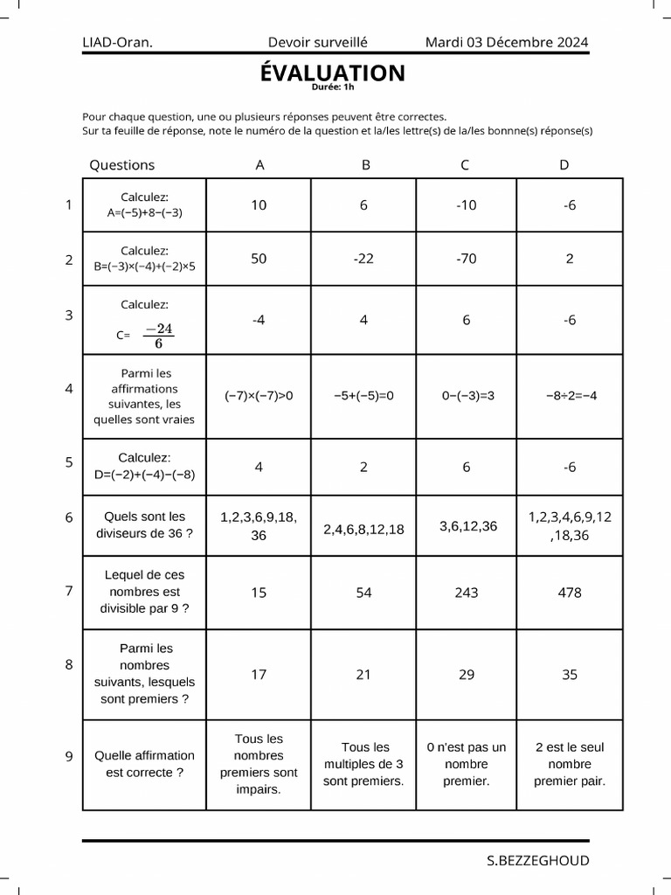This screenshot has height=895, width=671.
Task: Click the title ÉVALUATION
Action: click(x=332, y=73)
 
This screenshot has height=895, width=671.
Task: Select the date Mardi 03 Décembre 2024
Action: click(x=506, y=42)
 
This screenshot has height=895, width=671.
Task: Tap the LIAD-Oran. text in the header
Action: click(x=117, y=42)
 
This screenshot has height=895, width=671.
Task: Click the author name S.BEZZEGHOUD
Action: click(x=537, y=860)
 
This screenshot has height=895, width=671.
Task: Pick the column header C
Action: click(x=466, y=164)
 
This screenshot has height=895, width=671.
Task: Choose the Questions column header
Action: click(x=122, y=164)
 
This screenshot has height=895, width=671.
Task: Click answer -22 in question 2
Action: click(x=363, y=259)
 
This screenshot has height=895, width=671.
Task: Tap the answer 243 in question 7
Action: click(x=467, y=593)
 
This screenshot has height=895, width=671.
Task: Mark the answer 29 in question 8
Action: click(x=467, y=675)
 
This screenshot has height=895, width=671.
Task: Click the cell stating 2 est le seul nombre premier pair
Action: click(x=570, y=764)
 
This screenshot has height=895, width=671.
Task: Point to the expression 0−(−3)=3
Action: click(x=468, y=395)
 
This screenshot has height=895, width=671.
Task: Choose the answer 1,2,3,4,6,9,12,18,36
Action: click(x=570, y=526)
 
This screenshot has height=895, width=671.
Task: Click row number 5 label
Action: click(x=69, y=463)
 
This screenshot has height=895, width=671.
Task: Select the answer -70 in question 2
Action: click(x=467, y=259)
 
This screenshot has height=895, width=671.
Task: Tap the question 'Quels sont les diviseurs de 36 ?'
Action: click(x=145, y=524)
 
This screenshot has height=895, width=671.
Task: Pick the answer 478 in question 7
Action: click(x=570, y=593)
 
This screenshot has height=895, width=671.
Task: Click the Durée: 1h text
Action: click(x=333, y=87)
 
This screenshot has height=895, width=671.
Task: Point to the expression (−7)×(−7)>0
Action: click(x=259, y=395)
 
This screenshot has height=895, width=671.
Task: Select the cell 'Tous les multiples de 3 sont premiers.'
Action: click(x=363, y=764)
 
